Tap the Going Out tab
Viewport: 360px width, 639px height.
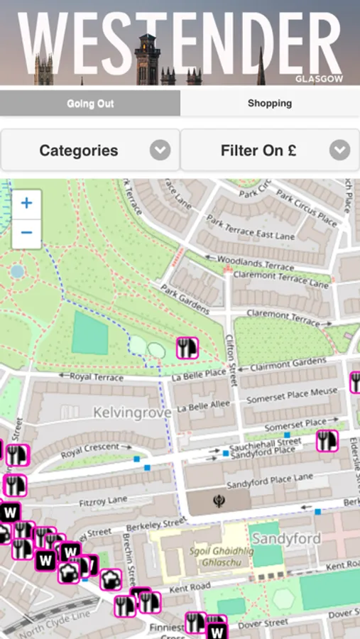tap(90, 104)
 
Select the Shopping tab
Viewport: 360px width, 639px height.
tap(270, 104)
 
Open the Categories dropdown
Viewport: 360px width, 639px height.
tap(90, 151)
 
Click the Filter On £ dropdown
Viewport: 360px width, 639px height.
tap(270, 151)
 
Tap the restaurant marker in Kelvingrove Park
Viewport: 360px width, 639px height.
tap(187, 347)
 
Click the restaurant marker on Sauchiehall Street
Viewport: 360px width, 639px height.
tap(327, 440)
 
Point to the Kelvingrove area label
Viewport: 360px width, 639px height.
tap(132, 413)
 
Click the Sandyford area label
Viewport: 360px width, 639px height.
tap(286, 538)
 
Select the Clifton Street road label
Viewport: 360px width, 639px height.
tap(231, 361)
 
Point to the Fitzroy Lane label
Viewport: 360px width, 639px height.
tap(104, 502)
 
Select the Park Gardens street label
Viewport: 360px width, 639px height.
tap(185, 299)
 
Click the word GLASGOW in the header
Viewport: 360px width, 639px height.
tap(319, 79)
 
